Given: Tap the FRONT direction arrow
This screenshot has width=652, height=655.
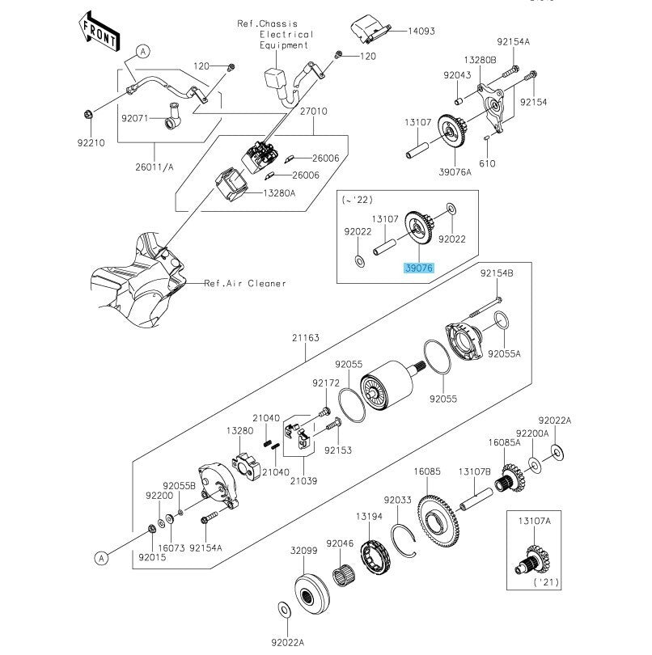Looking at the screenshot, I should pyautogui.click(x=99, y=30).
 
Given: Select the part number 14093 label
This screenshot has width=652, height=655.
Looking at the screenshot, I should pyautogui.click(x=421, y=31).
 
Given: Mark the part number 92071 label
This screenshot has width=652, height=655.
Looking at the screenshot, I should pyautogui.click(x=137, y=118).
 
